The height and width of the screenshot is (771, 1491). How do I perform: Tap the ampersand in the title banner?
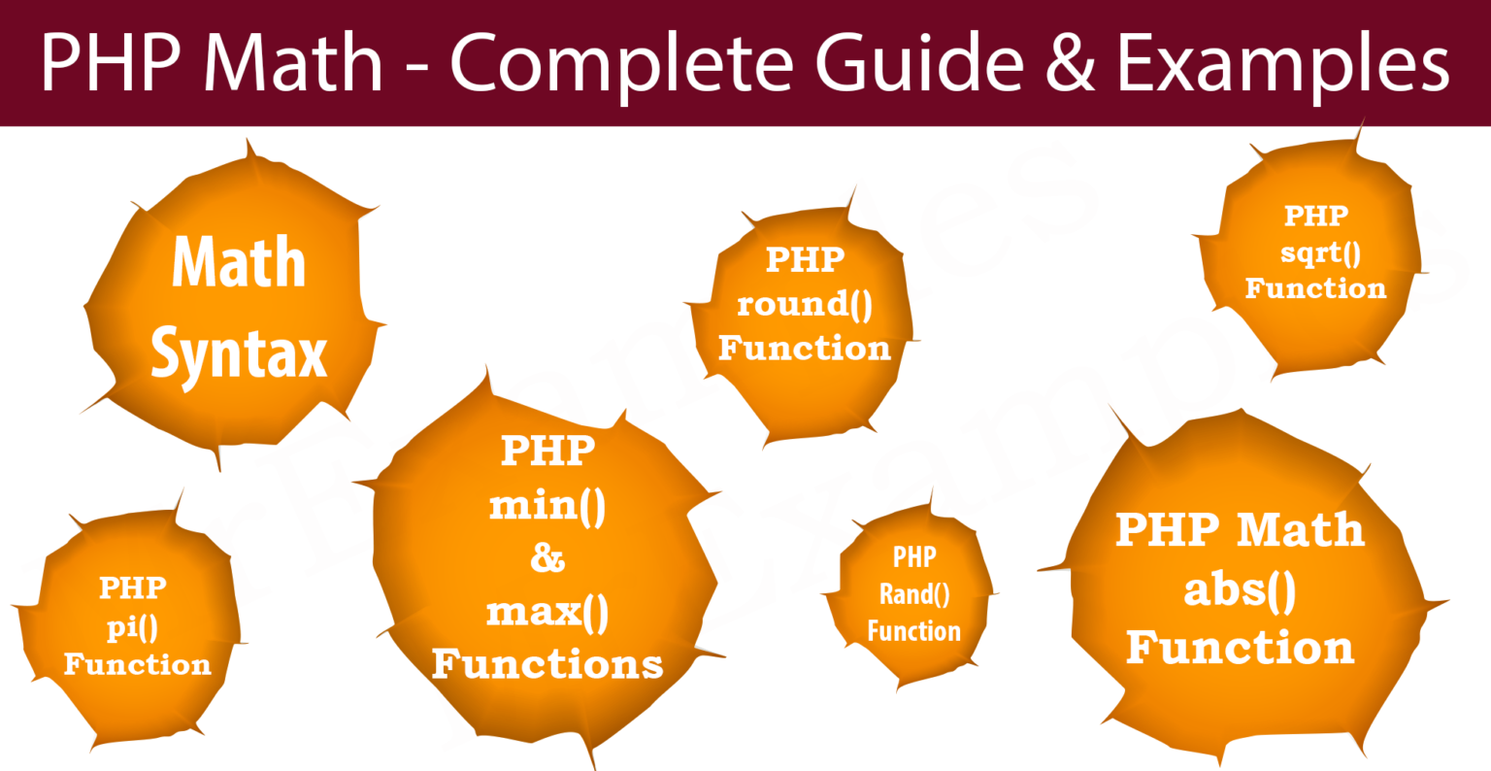click(x=1071, y=60)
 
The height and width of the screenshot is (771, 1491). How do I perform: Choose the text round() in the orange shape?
click(x=804, y=304)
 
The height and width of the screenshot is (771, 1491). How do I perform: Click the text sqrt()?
click(x=1320, y=253)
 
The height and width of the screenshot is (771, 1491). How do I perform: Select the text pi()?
click(x=132, y=627)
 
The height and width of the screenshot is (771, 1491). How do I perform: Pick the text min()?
click(x=547, y=506)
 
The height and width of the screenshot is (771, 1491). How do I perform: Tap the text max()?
click(x=547, y=612)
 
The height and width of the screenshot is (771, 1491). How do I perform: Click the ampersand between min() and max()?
click(x=547, y=558)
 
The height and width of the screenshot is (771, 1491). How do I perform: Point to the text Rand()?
click(x=914, y=594)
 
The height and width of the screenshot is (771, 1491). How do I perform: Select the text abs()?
click(x=1240, y=590)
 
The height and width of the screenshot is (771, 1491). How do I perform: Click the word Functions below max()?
click(x=547, y=664)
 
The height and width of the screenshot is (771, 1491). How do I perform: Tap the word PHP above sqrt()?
click(x=1316, y=216)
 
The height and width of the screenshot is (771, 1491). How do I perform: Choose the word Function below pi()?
click(x=137, y=664)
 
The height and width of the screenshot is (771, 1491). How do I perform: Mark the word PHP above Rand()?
click(x=914, y=556)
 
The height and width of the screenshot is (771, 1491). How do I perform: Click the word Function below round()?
click(x=804, y=349)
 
